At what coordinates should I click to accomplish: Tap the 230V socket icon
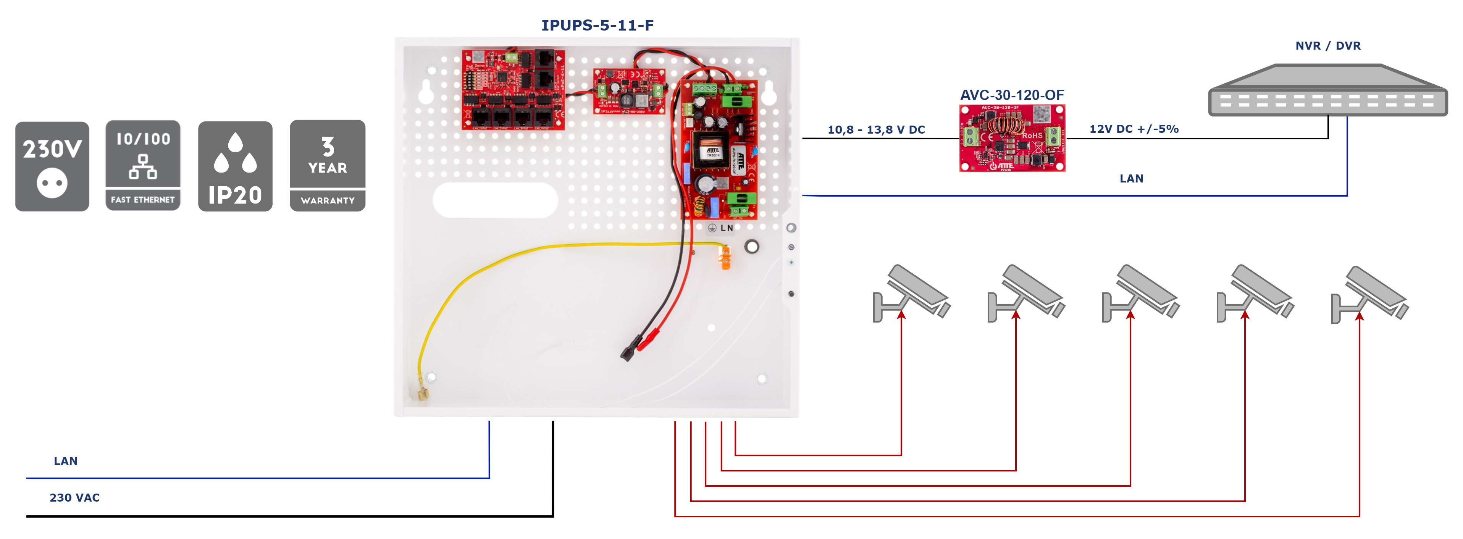(52, 166)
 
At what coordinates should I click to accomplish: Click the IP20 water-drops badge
(235, 166)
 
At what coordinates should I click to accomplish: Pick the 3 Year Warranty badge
(327, 165)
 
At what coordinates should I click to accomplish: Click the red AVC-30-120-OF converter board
(1012, 138)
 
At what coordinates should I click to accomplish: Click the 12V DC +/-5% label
(1134, 129)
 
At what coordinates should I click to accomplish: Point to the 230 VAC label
(74, 497)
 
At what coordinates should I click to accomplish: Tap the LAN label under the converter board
(1131, 178)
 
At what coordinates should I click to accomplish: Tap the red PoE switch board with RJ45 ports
(513, 89)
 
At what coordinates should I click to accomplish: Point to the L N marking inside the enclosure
(727, 228)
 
